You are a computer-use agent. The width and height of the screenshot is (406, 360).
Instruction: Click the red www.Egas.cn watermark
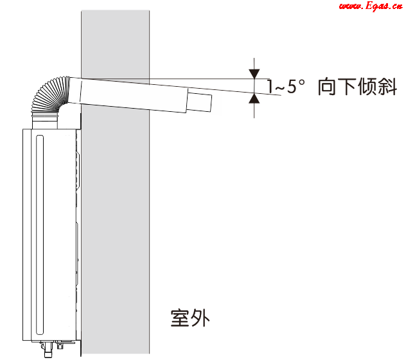click(x=371, y=6)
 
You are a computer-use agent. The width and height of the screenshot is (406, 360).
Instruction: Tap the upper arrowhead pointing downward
click(x=254, y=73)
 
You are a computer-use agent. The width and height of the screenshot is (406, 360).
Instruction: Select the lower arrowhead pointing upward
click(x=254, y=98)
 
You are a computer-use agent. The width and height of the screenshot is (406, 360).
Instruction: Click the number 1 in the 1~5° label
click(x=270, y=87)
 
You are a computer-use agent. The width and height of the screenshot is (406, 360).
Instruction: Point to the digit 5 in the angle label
click(x=292, y=87)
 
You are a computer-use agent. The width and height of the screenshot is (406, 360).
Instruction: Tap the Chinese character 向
click(x=327, y=87)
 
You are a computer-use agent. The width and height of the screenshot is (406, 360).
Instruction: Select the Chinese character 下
click(x=348, y=87)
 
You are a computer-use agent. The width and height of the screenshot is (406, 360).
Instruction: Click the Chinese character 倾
click(x=367, y=87)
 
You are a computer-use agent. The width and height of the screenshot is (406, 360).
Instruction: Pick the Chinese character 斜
click(x=387, y=87)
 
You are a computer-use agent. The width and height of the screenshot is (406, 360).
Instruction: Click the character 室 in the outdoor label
click(x=180, y=318)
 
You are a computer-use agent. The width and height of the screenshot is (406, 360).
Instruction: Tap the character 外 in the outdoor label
click(x=200, y=318)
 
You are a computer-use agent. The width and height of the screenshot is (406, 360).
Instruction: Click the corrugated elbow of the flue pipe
click(x=49, y=95)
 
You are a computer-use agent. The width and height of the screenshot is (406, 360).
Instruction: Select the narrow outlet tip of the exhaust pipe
click(x=199, y=102)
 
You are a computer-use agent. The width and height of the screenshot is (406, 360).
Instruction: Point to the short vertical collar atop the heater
click(x=44, y=121)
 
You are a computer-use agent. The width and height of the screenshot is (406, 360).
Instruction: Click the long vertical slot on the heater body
click(x=40, y=235)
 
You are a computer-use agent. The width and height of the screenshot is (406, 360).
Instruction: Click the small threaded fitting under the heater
click(x=60, y=346)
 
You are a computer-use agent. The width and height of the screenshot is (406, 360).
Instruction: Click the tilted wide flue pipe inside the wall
click(x=127, y=95)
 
